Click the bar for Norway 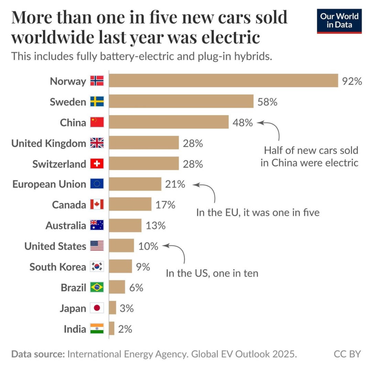click(x=223, y=81)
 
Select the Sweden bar click(x=181, y=101)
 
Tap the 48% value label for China click(x=242, y=123)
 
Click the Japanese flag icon click(x=97, y=308)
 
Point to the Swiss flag click(x=97, y=164)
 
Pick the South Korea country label click(x=58, y=267)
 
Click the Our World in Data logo click(x=339, y=21)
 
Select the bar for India click(x=112, y=329)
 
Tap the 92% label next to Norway click(x=352, y=81)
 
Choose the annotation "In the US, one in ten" click(x=212, y=273)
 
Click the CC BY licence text click(x=347, y=354)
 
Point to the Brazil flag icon click(x=97, y=287)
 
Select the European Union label click(x=49, y=184)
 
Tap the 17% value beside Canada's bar click(x=165, y=205)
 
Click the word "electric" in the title click(x=230, y=37)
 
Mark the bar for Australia click(x=125, y=225)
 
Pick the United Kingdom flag click(x=97, y=143)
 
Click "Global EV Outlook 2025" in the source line click(x=244, y=354)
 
